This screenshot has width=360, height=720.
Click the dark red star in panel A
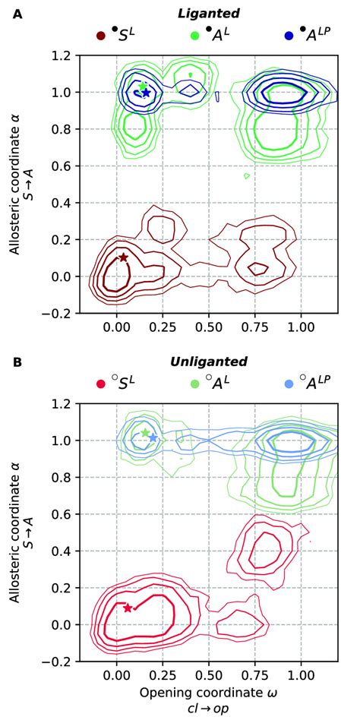pyautogui.click(x=123, y=257)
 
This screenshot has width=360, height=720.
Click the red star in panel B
pyautogui.click(x=128, y=608)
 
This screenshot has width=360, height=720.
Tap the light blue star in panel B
pyautogui.click(x=153, y=438)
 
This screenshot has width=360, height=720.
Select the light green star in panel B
pyautogui.click(x=145, y=433)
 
